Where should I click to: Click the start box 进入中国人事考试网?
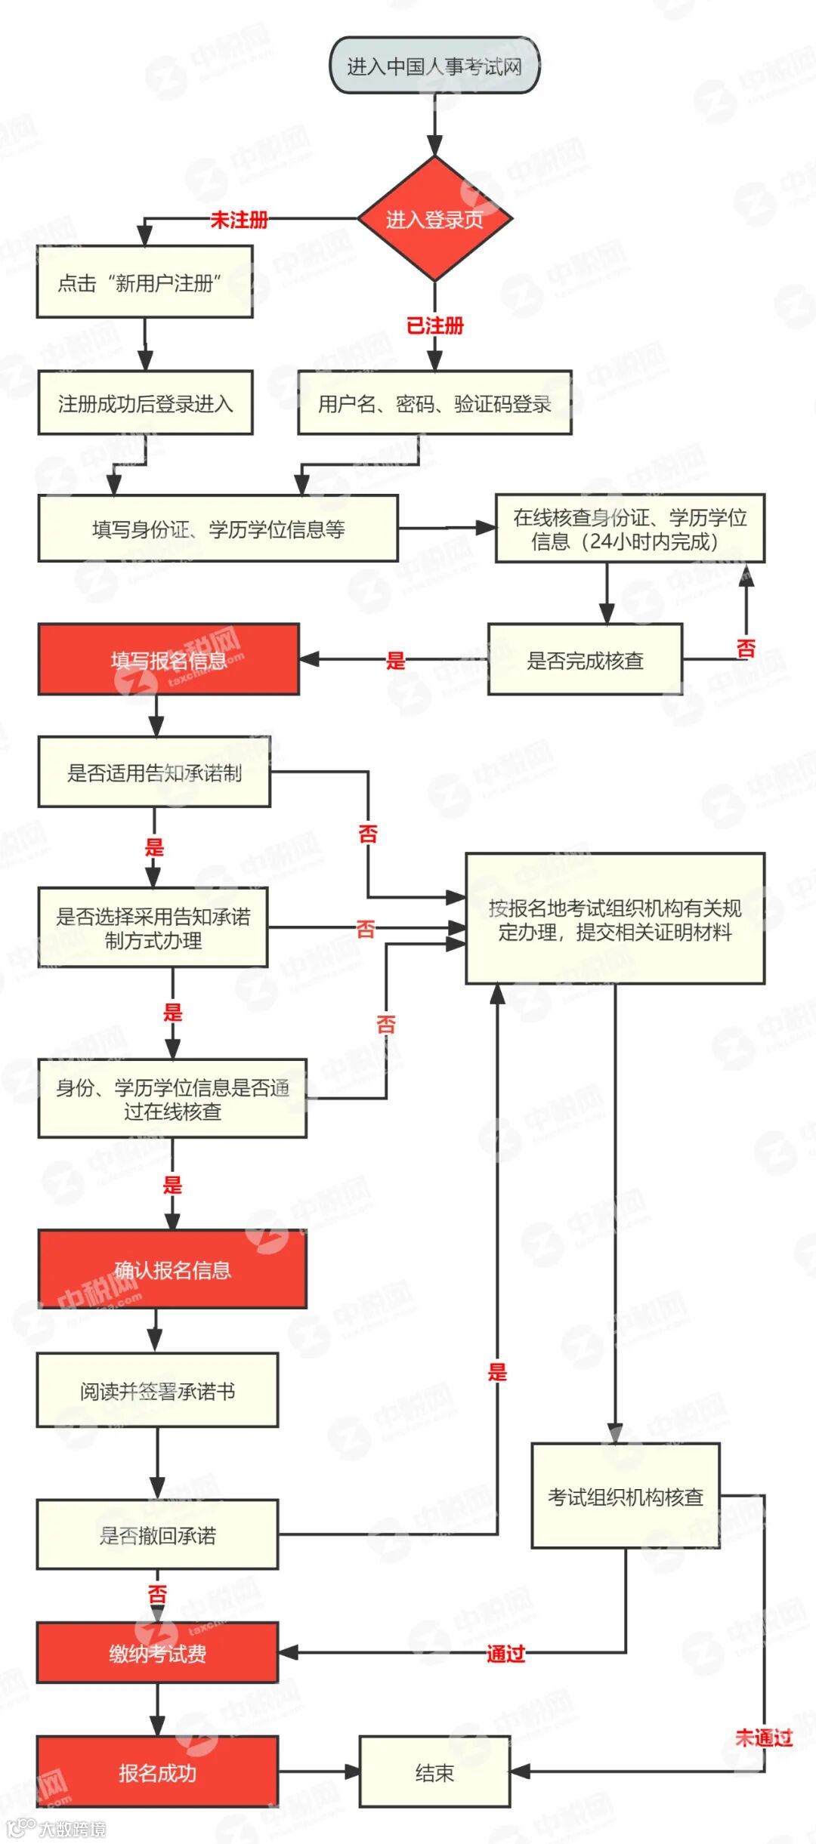click(x=434, y=66)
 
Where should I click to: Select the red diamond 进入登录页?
click(x=434, y=219)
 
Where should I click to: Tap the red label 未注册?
click(x=239, y=220)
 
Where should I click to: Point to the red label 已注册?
click(x=434, y=325)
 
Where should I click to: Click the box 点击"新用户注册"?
click(x=144, y=282)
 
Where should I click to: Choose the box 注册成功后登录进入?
click(x=145, y=403)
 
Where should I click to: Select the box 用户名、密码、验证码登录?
click(x=434, y=403)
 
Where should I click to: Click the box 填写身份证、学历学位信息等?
click(x=218, y=529)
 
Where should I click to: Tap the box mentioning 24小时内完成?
click(x=629, y=529)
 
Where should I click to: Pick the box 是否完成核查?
click(x=585, y=660)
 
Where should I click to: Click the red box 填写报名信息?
click(x=168, y=660)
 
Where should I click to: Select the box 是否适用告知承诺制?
click(x=154, y=772)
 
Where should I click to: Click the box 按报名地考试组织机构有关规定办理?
click(x=615, y=919)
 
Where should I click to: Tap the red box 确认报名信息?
click(x=172, y=1269)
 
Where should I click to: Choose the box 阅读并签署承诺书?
click(x=157, y=1391)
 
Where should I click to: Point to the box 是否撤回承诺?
click(x=157, y=1535)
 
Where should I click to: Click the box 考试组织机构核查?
click(x=626, y=1497)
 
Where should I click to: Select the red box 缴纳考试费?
click(x=157, y=1654)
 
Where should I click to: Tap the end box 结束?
click(x=434, y=1772)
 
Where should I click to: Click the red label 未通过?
click(x=763, y=1738)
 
